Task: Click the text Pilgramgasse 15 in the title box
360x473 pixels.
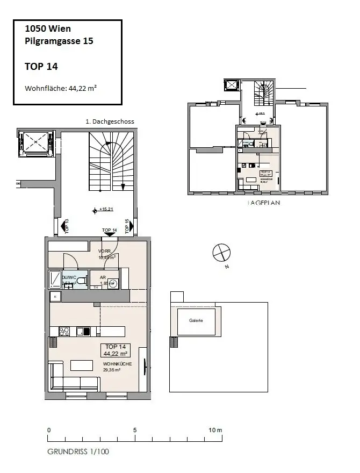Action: tap(59, 41)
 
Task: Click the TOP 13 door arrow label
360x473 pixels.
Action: tap(67, 227)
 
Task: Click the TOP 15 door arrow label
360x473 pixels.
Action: tap(127, 227)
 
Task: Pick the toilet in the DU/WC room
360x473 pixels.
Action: tap(81, 281)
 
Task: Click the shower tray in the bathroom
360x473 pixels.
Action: tap(55, 279)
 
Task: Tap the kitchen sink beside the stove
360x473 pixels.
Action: tap(83, 331)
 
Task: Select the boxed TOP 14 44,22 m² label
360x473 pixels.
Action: tap(116, 350)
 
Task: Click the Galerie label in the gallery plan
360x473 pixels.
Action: tap(196, 320)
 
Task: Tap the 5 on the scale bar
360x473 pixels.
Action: tap(135, 430)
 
